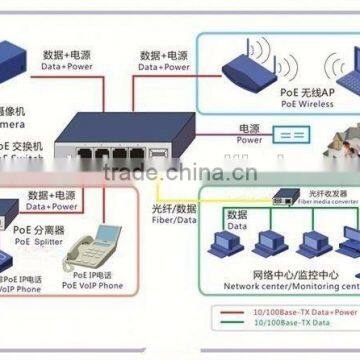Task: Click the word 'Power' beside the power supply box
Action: [x=249, y=140]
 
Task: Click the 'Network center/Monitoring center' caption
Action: [x=291, y=284]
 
